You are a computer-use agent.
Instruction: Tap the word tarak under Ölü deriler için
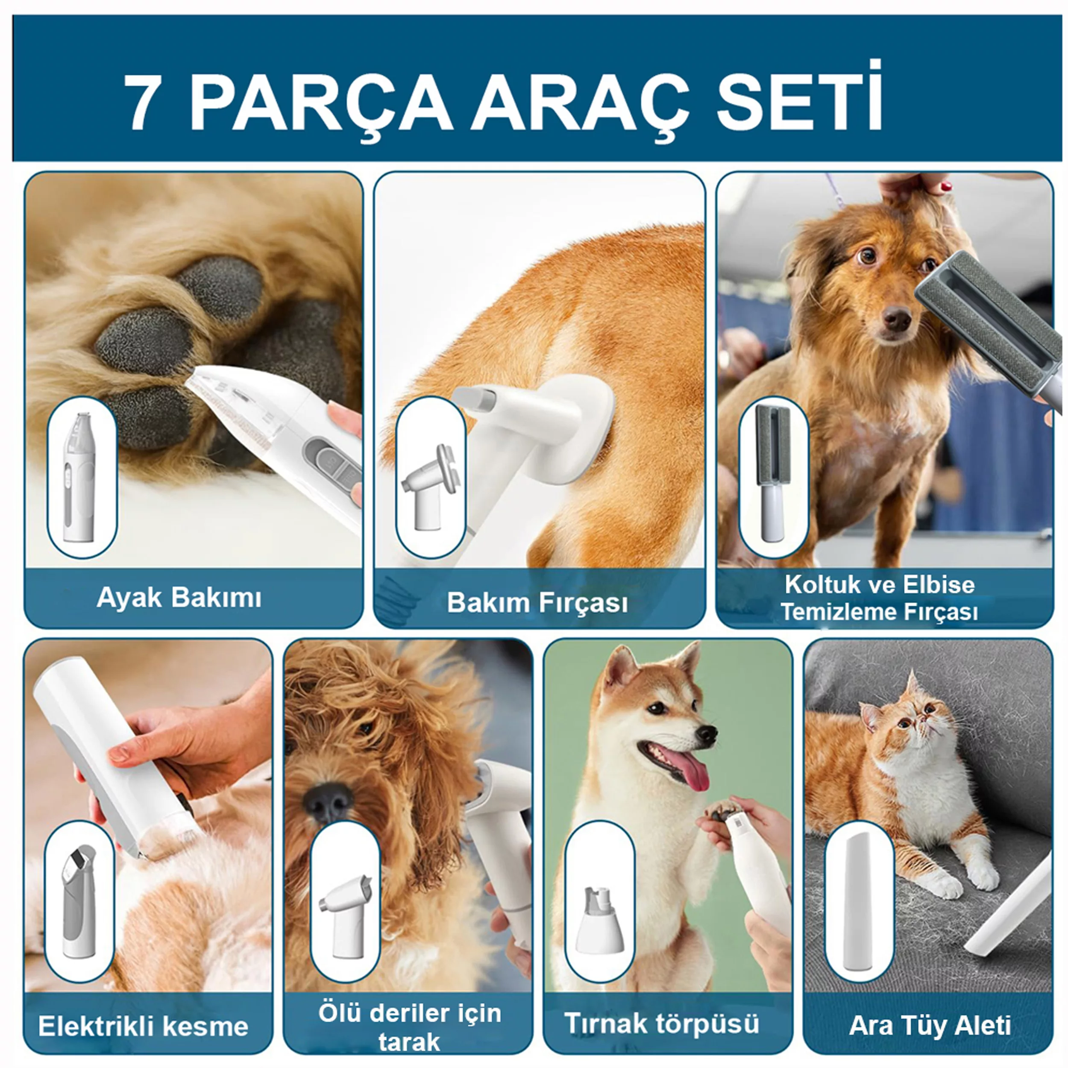point(409,1042)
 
